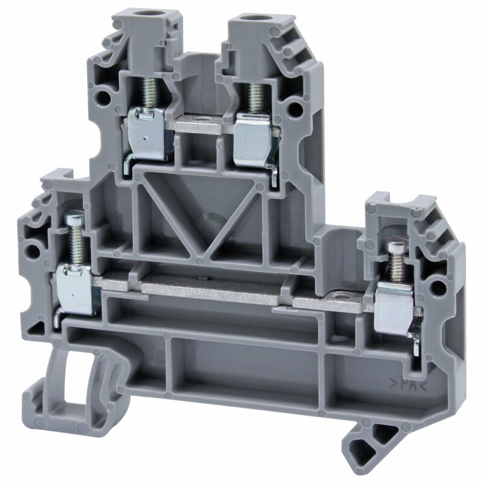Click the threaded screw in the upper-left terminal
tap(150, 92)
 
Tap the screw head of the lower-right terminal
tap(397, 246)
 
